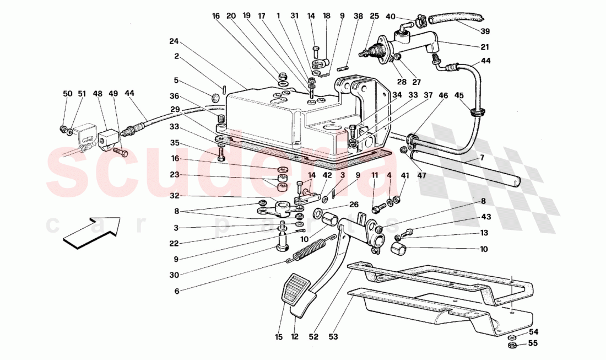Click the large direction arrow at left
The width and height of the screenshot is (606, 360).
pos(91,231)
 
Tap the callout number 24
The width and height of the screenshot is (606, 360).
pos(175,41)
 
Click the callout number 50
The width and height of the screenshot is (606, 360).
pos(67,94)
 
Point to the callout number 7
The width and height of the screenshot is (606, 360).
pos(481,159)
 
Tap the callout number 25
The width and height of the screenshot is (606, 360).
pos(374,17)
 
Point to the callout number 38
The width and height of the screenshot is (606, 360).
pos(359,17)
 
